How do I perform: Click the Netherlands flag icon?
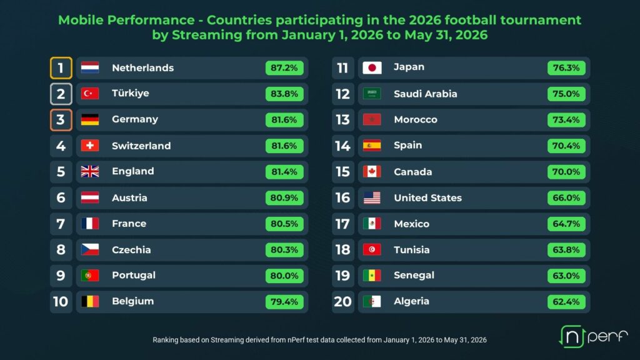point(90,67)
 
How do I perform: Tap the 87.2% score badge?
point(284,67)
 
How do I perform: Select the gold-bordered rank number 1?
point(61,67)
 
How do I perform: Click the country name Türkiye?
point(131,93)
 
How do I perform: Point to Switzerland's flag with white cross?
point(90,146)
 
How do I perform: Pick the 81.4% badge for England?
point(284,172)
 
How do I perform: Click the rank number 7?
point(61,224)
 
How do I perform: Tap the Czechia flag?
point(90,249)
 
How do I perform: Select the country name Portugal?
point(134,275)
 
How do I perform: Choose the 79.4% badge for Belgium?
point(284,302)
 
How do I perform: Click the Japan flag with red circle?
point(372,67)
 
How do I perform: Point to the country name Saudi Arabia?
point(425,94)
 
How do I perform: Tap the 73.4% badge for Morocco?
point(566,119)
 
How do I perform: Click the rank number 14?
point(343,146)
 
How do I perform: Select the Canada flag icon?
point(372,172)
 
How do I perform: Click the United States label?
point(427,198)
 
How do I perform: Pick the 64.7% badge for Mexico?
point(566,224)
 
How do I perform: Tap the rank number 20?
point(343,302)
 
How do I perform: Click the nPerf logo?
point(593,336)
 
